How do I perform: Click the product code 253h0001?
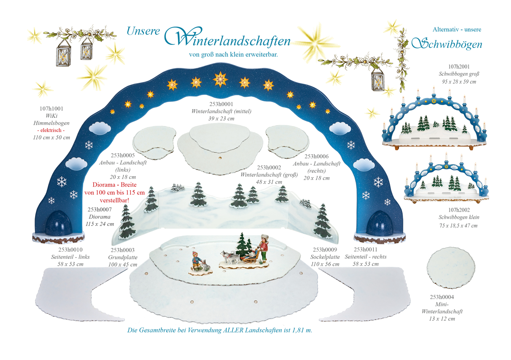point(221,104)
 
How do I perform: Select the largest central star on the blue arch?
point(220,79)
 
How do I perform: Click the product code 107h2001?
point(459,67)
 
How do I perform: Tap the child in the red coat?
point(263,248)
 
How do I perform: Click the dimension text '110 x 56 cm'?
point(325,264)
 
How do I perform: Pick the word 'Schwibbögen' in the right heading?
point(447,44)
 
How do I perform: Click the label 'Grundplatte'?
point(123,257)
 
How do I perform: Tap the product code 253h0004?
point(442,297)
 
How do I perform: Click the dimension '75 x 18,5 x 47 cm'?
point(458,225)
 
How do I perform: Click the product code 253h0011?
point(366,250)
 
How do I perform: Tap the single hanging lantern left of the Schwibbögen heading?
point(377,80)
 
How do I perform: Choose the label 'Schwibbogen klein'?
point(459,217)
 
